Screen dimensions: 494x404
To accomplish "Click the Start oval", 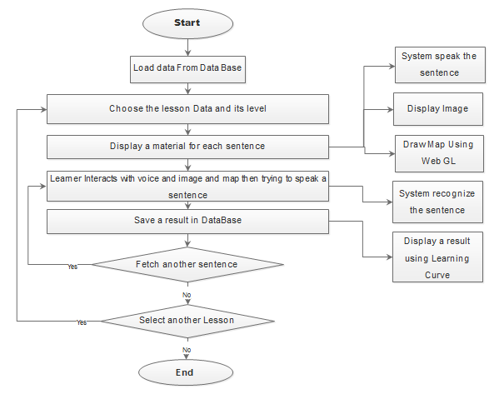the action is click(187, 23).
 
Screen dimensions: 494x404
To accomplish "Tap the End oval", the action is click(186, 372).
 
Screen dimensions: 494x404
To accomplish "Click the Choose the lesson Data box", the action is click(187, 109).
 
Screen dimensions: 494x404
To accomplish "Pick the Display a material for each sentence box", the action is click(187, 147).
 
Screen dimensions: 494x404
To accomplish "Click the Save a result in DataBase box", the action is click(187, 222).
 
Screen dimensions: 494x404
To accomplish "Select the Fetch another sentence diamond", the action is click(187, 264).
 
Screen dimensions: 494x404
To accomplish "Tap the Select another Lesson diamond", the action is click(187, 322).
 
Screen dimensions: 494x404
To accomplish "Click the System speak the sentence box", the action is click(440, 65).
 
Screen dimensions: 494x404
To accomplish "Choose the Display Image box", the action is click(438, 109).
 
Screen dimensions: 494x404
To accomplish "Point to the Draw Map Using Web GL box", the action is click(439, 154).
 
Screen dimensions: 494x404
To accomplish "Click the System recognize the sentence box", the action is click(437, 202).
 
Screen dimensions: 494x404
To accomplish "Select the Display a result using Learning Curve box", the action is click(437, 257).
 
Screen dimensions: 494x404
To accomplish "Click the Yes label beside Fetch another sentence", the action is click(72, 267).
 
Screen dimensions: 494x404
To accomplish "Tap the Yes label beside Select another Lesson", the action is click(82, 322).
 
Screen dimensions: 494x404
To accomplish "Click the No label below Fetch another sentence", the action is click(187, 295).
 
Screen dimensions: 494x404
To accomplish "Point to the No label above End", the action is click(187, 350).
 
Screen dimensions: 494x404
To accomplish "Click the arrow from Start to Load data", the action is click(187, 47).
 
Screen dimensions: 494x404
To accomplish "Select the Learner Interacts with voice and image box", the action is click(187, 187).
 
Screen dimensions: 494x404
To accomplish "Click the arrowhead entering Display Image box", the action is click(391, 110).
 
